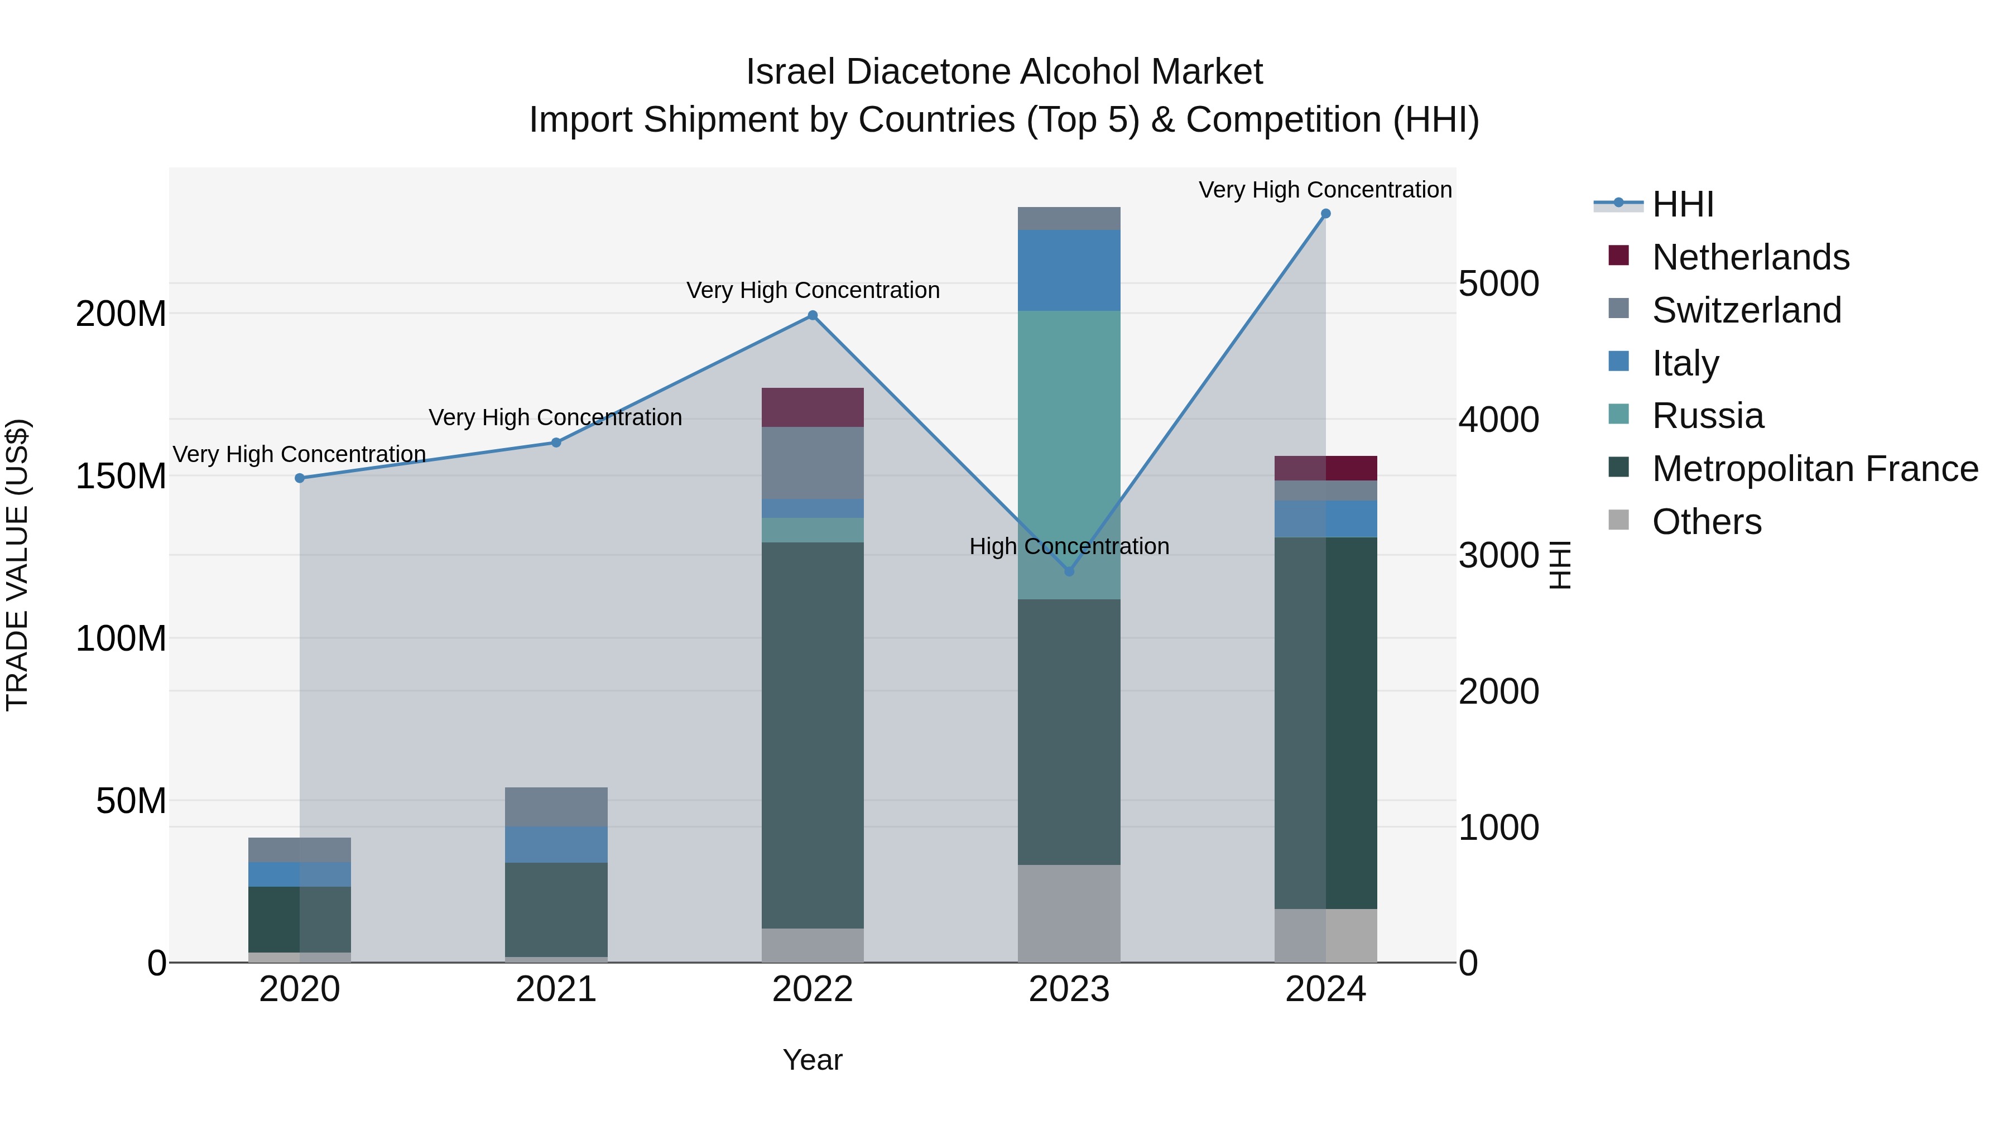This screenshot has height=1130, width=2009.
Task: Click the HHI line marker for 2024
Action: pos(1325,214)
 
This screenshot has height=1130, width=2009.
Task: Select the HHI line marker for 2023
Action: pos(1069,571)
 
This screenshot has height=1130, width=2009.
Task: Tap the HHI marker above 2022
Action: pos(813,316)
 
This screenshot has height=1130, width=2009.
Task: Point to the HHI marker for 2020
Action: pos(300,478)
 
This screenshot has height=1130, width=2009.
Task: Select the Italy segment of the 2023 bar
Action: pos(1069,270)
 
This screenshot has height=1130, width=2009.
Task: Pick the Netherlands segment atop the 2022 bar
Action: pos(813,407)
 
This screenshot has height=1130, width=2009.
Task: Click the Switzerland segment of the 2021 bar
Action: pos(556,806)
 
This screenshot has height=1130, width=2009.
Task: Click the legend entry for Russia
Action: pos(1707,416)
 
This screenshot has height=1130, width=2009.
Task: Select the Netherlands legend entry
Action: pos(1750,257)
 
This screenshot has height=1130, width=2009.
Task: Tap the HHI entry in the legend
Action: pos(1682,204)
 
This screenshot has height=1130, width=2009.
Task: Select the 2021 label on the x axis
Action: pos(556,989)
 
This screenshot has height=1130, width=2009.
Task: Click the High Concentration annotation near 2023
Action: pos(1069,546)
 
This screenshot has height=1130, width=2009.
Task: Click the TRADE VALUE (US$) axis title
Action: pos(17,565)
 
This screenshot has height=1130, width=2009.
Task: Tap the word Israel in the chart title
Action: pos(791,72)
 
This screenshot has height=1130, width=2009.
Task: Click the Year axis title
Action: pos(813,1060)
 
